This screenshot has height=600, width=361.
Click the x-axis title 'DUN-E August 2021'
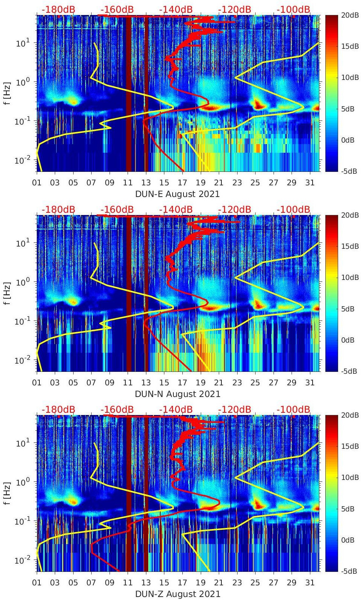coord(177,194)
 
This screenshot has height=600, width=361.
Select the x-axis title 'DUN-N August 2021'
coord(177,394)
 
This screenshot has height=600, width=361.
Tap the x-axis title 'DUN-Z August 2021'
coord(177,594)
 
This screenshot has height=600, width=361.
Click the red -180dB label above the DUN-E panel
coord(58,9)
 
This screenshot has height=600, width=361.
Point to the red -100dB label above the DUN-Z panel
coord(293,409)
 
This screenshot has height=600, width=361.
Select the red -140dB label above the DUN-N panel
coord(176,209)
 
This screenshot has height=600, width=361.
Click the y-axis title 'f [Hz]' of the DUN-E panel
coord(7,93)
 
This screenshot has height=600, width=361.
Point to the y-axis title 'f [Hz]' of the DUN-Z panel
coord(7,493)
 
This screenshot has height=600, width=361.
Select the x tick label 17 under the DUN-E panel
coord(182,183)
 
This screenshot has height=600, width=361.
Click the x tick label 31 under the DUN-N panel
coord(310,383)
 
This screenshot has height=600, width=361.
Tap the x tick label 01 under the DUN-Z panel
coord(37,583)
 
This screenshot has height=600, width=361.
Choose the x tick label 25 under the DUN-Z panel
coord(255,583)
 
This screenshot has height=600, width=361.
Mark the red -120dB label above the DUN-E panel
coord(235,9)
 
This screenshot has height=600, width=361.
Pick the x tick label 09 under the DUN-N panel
coord(110,383)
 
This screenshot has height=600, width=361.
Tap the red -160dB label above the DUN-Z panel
coord(117,409)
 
